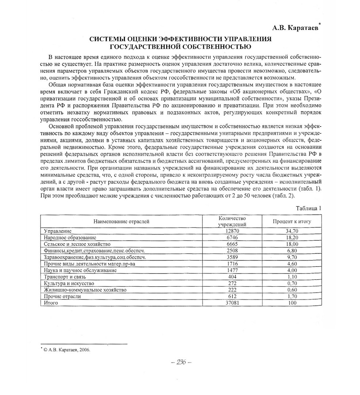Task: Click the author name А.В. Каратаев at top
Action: (x=295, y=28)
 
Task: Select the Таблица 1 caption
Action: (x=308, y=208)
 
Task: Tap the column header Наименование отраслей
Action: (x=121, y=221)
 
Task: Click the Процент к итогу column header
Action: (x=292, y=221)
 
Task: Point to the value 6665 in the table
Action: (x=232, y=244)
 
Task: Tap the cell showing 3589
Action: (x=232, y=257)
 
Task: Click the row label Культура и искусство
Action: (x=69, y=283)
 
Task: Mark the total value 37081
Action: (x=232, y=303)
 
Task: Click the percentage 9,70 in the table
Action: (x=292, y=257)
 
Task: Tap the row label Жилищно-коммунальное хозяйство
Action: (x=85, y=290)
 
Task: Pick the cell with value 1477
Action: (x=232, y=270)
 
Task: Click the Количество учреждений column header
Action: (x=232, y=221)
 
